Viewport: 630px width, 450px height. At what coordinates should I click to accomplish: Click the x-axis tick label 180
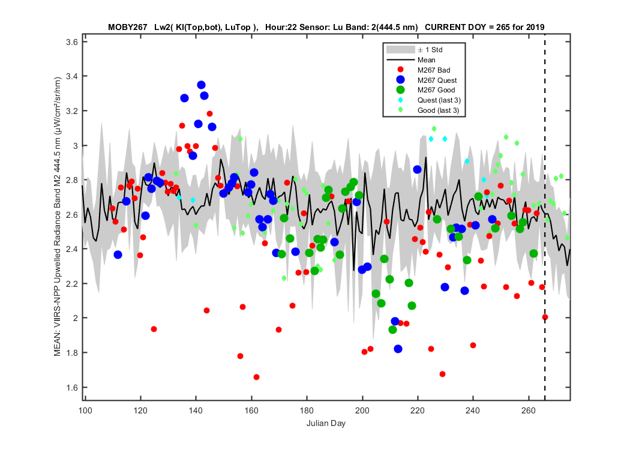pyautogui.click(x=307, y=410)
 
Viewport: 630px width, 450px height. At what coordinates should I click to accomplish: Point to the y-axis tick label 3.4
pyautogui.click(x=72, y=76)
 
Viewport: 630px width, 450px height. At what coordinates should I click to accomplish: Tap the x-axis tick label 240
pyautogui.click(x=473, y=410)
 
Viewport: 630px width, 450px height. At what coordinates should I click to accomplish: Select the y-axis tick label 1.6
pyautogui.click(x=72, y=388)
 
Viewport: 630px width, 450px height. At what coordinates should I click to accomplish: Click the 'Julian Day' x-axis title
pyautogui.click(x=326, y=423)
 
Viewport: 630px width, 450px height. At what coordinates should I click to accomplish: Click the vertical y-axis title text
pyautogui.click(x=58, y=216)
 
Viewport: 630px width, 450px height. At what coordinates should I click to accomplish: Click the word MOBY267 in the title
pyautogui.click(x=128, y=28)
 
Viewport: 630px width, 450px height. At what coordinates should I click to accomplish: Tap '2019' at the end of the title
pyautogui.click(x=536, y=28)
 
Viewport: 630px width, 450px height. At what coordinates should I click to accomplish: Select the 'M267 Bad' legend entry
pyautogui.click(x=424, y=70)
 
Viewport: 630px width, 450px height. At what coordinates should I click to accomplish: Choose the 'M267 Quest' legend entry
pyautogui.click(x=426, y=80)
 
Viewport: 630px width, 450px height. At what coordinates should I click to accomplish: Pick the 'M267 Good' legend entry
pyautogui.click(x=425, y=90)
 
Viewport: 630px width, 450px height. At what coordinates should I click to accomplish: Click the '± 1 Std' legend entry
pyautogui.click(x=414, y=50)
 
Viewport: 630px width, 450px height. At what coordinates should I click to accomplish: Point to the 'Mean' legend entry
pyautogui.click(x=410, y=60)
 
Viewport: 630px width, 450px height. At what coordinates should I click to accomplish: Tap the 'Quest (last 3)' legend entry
pyautogui.click(x=428, y=100)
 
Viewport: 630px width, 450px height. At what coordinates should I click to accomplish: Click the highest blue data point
pyautogui.click(x=201, y=85)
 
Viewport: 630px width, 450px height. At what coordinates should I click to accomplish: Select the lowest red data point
pyautogui.click(x=256, y=377)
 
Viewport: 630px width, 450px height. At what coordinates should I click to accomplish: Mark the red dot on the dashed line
pyautogui.click(x=545, y=317)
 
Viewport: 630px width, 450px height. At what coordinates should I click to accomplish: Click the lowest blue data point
pyautogui.click(x=398, y=349)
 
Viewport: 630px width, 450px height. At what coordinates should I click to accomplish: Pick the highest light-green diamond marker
pyautogui.click(x=434, y=128)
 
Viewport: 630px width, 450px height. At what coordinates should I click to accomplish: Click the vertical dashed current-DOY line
pyautogui.click(x=545, y=217)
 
